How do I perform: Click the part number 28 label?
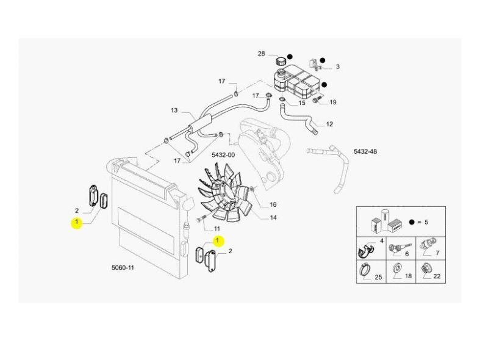click(261, 54)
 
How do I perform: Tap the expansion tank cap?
click(281, 60)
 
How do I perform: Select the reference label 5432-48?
click(365, 151)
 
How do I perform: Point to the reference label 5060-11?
click(123, 268)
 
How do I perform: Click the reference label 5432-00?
click(223, 155)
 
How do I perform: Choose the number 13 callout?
click(174, 110)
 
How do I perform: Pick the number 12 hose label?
click(329, 124)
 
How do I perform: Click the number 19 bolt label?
click(333, 102)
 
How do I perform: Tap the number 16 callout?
click(273, 204)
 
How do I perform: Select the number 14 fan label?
click(273, 217)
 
